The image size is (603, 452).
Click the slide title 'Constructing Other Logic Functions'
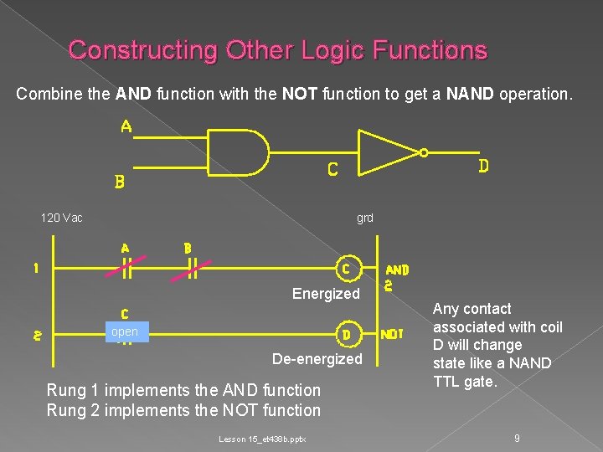[x=277, y=50]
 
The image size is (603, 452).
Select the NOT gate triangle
[x=388, y=154]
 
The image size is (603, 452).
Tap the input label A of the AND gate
[x=126, y=127]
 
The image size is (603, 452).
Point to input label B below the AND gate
[x=120, y=182]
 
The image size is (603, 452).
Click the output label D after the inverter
[x=483, y=167]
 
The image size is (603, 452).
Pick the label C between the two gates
[x=332, y=170]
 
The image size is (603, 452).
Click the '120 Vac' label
[x=62, y=218]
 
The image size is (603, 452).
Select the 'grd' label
[x=365, y=218]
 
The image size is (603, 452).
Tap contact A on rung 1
[x=126, y=268]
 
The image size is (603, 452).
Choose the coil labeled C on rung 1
[x=345, y=270]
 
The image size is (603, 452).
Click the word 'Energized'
[x=325, y=294]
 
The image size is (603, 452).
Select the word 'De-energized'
[x=317, y=359]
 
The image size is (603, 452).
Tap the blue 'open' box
[x=124, y=332]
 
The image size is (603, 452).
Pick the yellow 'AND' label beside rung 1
[x=397, y=270]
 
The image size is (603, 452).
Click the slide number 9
[x=518, y=437]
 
